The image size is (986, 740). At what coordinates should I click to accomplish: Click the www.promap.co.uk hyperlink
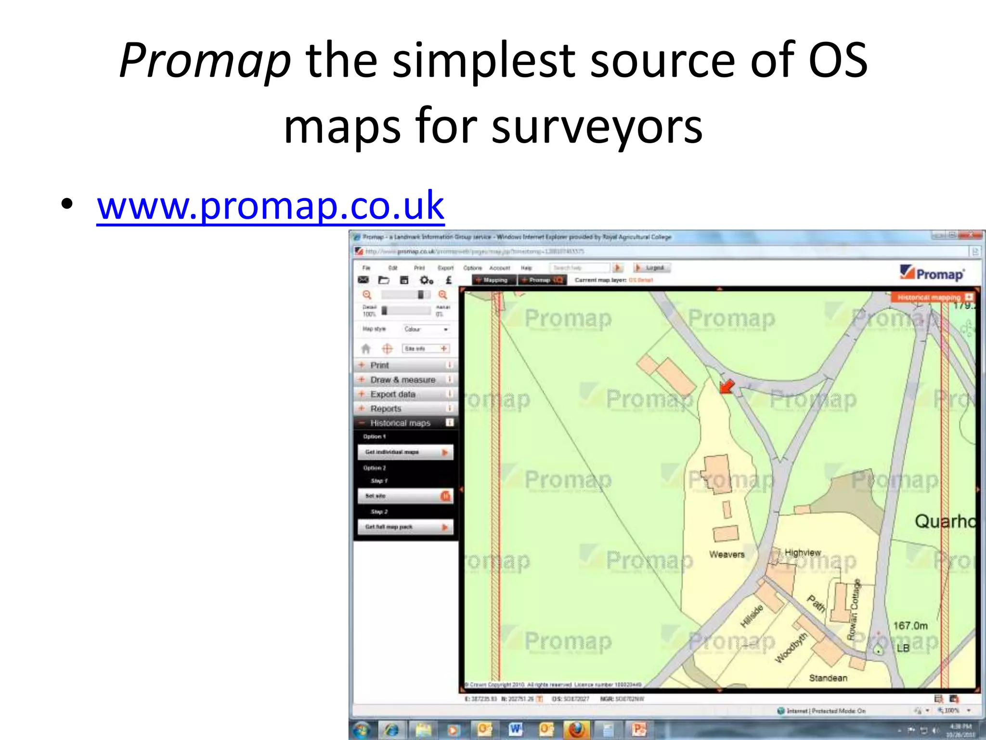click(270, 206)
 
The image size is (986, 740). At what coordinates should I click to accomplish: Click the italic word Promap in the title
click(205, 61)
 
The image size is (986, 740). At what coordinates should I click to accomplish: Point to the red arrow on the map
click(727, 386)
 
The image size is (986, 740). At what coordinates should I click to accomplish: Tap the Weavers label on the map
click(727, 555)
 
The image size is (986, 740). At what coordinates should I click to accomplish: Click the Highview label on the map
click(803, 553)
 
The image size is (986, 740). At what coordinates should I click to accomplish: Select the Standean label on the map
click(828, 678)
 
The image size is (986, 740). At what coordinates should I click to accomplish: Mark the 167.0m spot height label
click(910, 626)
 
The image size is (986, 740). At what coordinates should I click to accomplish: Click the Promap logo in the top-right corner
click(933, 273)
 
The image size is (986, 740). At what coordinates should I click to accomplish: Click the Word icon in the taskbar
click(515, 729)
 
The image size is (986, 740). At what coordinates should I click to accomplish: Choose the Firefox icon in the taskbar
click(576, 729)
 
